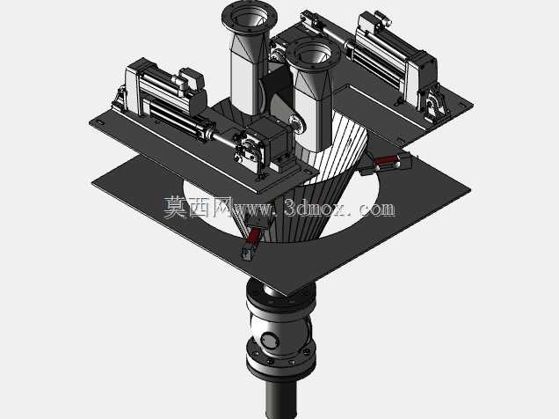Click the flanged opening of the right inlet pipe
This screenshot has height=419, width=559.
click(313, 55)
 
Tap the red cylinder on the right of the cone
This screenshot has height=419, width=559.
click(386, 161)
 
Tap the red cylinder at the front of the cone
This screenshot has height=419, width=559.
click(254, 234)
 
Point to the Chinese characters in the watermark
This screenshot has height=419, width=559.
click(199, 208)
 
